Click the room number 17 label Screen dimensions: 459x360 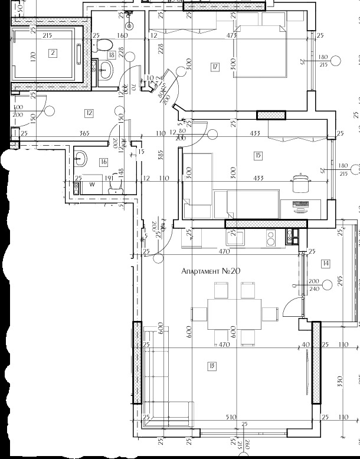coord(215,67)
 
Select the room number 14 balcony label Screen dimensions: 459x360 coord(326,263)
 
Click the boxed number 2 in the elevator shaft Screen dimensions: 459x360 coord(53,54)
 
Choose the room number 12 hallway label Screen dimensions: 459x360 coord(89,113)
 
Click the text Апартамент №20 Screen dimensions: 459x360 coord(211,271)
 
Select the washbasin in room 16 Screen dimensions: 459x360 coord(81,158)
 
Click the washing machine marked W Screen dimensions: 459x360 coord(91,185)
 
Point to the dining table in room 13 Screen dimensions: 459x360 coord(234,314)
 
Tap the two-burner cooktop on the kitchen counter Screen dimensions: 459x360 coord(270,238)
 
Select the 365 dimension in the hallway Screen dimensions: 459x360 coord(84,134)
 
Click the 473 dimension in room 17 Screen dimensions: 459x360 coord(231,36)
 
